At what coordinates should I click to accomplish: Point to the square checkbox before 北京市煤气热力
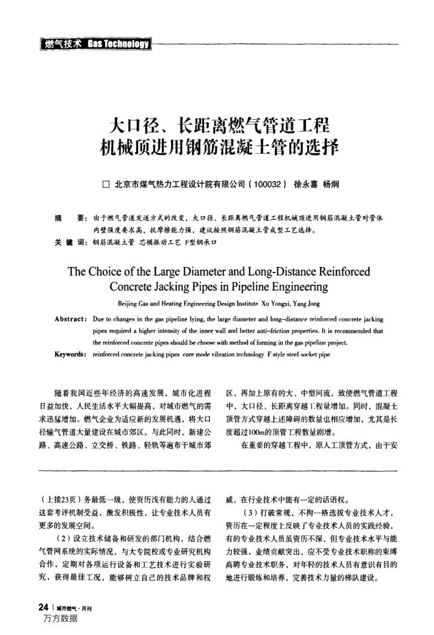pos(105,184)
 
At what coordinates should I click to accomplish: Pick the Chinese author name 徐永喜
pos(306,184)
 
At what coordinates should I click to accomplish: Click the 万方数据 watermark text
pos(61,619)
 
